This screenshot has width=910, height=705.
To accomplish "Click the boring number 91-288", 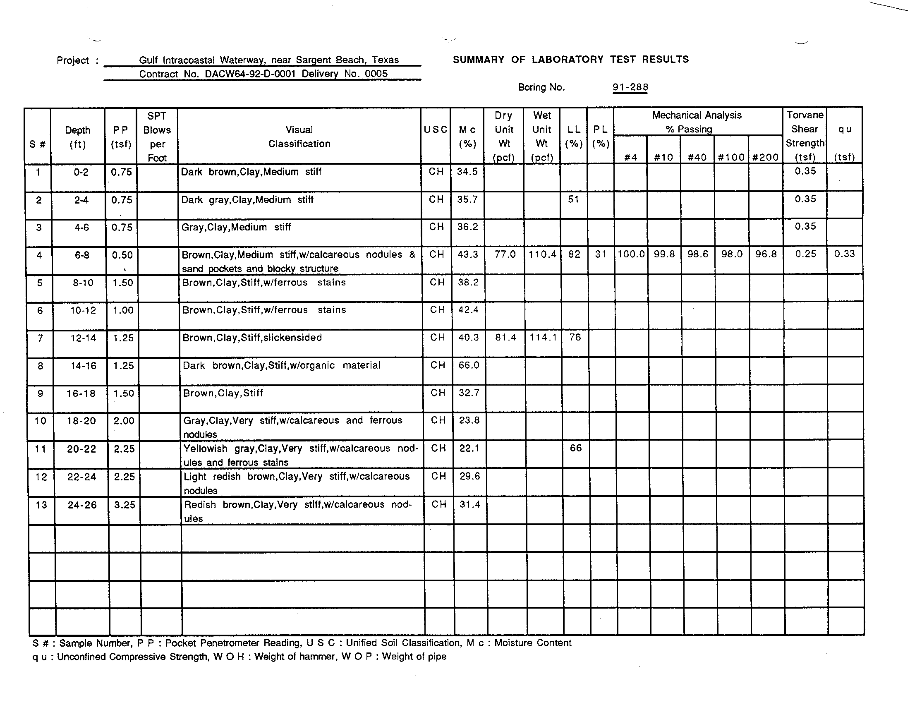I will (630, 87).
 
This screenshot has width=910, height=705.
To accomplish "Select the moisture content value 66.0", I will (469, 365).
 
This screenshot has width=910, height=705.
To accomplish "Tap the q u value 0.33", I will (844, 254).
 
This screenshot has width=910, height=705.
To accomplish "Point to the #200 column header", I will (765, 158).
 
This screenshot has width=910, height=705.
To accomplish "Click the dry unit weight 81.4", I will (505, 338).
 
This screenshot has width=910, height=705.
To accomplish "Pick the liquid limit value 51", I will (574, 199).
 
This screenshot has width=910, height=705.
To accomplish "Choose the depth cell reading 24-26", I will (82, 505).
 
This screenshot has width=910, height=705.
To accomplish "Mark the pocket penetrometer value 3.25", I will (125, 505).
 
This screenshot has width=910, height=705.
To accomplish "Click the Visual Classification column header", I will (299, 137).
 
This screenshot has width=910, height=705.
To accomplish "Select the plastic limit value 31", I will (601, 254).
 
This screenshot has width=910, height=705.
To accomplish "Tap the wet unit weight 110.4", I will (543, 254).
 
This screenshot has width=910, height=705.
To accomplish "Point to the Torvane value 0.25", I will (805, 254).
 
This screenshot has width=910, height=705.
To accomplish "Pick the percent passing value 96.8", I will (766, 254).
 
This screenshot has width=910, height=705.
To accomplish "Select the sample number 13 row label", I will (41, 505).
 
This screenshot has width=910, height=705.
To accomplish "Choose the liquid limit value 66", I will (575, 448).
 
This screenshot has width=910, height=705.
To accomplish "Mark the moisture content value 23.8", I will (469, 420).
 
